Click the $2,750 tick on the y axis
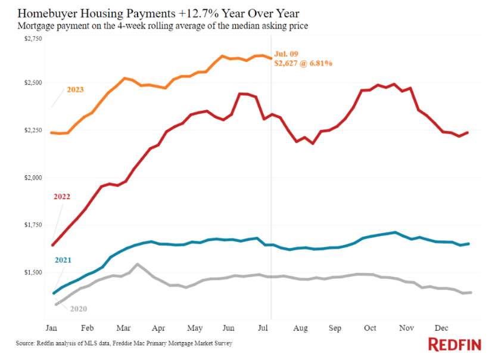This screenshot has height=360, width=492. [34, 39]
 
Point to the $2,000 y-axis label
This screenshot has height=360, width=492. [34, 178]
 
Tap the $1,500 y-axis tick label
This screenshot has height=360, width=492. [34, 272]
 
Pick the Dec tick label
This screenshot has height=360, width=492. [441, 328]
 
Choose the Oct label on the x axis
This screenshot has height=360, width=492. [370, 328]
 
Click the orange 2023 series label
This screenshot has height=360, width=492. [76, 90]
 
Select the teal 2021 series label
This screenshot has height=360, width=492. [64, 260]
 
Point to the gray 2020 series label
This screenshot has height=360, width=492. [79, 308]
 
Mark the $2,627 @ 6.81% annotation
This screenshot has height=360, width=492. [303, 63]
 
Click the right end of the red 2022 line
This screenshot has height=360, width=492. [468, 132]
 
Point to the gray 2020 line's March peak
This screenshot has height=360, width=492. [138, 264]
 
